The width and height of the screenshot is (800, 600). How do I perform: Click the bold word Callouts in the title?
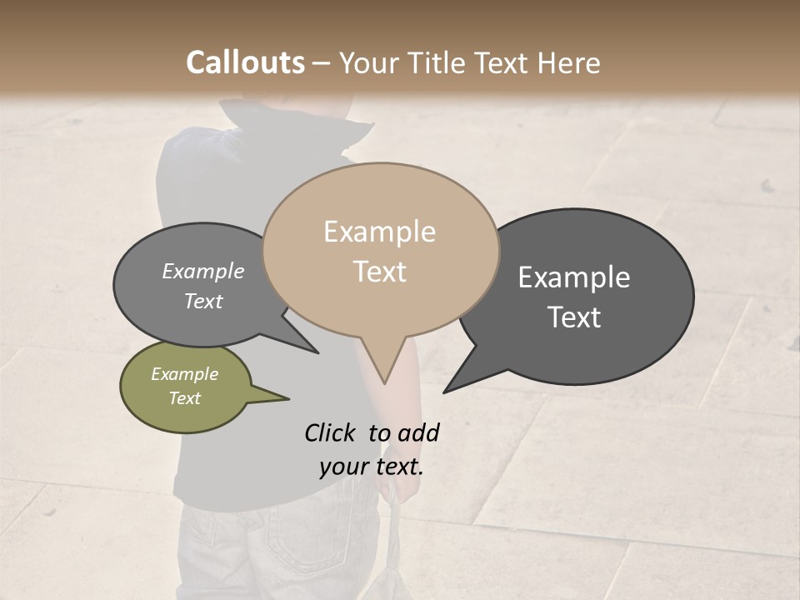[245, 62]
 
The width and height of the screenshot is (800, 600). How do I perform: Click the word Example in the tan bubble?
[379, 232]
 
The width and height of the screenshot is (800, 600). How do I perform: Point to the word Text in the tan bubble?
[380, 272]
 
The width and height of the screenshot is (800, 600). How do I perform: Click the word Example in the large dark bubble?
[574, 277]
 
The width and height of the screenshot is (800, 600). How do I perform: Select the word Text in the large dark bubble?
[575, 317]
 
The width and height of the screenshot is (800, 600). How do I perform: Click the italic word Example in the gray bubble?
[202, 272]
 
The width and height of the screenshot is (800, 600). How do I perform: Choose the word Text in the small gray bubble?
[203, 302]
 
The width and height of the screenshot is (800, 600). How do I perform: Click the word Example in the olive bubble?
[184, 375]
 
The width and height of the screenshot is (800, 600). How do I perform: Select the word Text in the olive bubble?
[185, 398]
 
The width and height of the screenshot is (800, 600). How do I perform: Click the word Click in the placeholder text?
[332, 432]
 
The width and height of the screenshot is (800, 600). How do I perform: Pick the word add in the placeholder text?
[418, 432]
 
